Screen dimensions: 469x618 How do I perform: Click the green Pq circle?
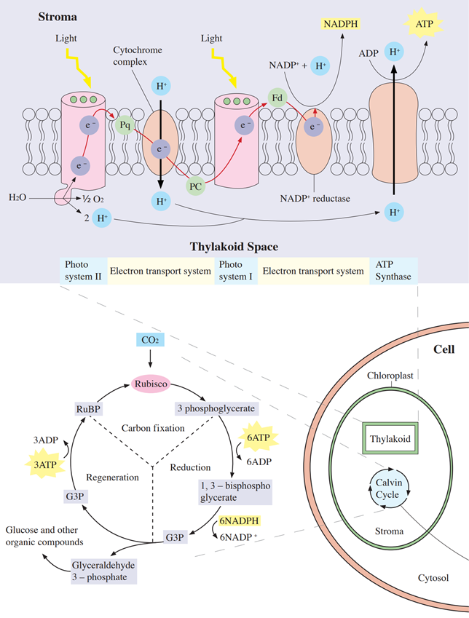125,125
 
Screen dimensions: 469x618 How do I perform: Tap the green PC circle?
196,186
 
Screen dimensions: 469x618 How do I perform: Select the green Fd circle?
277,98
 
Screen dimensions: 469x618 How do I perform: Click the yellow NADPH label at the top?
341,24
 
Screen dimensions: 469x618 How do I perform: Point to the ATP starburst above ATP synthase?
424,23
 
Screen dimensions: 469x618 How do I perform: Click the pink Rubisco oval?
151,384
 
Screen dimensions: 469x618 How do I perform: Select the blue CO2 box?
150,340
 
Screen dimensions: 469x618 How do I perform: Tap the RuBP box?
88,409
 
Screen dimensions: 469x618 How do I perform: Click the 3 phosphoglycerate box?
216,408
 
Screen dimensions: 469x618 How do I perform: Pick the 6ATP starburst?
259,437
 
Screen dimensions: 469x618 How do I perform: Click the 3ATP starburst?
45,464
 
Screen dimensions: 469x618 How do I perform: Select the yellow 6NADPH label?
239,521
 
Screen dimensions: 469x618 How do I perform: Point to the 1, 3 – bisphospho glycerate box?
235,491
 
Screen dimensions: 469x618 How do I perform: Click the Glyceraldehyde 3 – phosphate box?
103,571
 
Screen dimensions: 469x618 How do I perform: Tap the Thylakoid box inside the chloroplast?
390,439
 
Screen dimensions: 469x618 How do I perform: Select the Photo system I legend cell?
236,271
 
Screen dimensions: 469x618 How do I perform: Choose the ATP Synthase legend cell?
393,271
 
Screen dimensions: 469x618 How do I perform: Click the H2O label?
17,197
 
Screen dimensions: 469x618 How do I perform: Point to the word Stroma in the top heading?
58,17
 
